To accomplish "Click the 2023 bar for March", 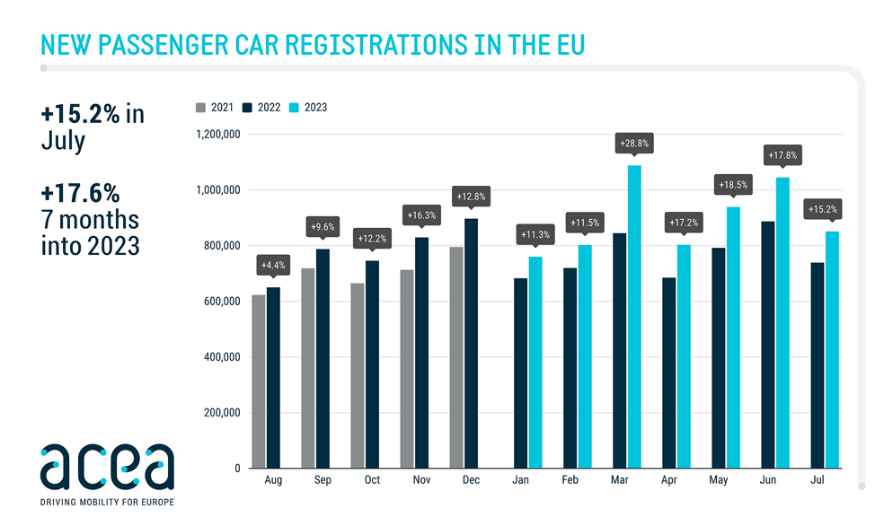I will (634, 316).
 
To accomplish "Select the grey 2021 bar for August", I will (259, 381).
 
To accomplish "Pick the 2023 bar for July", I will (831, 349).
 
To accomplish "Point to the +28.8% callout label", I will (634, 144).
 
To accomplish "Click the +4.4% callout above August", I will (273, 265).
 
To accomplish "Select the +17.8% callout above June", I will (782, 155).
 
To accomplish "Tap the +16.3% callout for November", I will (421, 215).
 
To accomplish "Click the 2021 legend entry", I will (216, 108).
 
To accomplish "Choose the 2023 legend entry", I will (310, 108).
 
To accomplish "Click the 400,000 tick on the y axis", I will (219, 357).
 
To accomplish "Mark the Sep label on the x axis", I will (323, 481).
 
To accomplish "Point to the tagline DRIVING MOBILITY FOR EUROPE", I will (107, 502).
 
